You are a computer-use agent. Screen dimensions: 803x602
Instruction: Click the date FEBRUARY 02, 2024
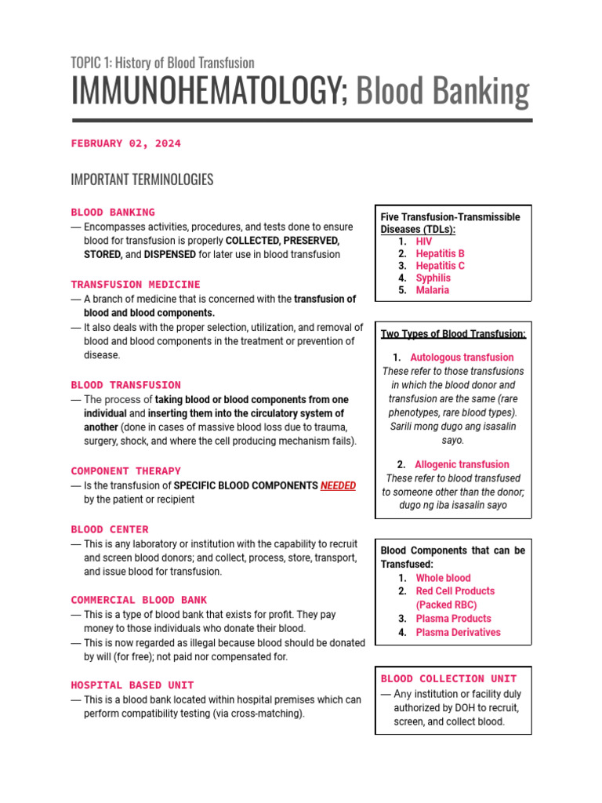pyautogui.click(x=125, y=144)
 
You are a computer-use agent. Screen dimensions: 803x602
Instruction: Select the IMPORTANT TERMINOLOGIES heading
pyautogui.click(x=142, y=180)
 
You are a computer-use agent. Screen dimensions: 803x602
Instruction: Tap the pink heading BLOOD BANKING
pyautogui.click(x=113, y=213)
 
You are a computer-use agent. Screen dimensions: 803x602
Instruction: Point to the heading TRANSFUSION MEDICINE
pyautogui.click(x=136, y=285)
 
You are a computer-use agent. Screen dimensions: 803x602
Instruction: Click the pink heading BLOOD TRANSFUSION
pyautogui.click(x=125, y=385)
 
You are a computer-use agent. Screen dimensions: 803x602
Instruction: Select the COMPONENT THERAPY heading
pyautogui.click(x=125, y=471)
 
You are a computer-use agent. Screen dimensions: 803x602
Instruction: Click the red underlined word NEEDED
pyautogui.click(x=338, y=485)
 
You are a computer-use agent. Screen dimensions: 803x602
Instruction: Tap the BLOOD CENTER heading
pyautogui.click(x=110, y=529)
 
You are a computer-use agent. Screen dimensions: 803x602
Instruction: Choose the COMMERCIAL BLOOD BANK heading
pyautogui.click(x=139, y=600)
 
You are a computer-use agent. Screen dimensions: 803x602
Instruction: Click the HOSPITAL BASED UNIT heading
pyautogui.click(x=132, y=685)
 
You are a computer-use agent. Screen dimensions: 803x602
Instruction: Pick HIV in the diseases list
pyautogui.click(x=423, y=242)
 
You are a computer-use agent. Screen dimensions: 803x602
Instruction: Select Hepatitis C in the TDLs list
pyautogui.click(x=440, y=266)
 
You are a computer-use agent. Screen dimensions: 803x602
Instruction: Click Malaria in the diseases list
pyautogui.click(x=433, y=290)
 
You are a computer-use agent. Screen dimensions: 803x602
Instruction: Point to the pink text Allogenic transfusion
pyautogui.click(x=462, y=464)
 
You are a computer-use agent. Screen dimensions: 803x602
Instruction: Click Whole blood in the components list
pyautogui.click(x=443, y=578)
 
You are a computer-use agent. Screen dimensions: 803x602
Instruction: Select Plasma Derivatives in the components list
pyautogui.click(x=458, y=632)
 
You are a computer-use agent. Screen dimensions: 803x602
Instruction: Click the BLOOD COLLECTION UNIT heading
pyautogui.click(x=448, y=678)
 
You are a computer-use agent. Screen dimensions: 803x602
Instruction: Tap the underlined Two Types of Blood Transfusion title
pyautogui.click(x=453, y=334)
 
